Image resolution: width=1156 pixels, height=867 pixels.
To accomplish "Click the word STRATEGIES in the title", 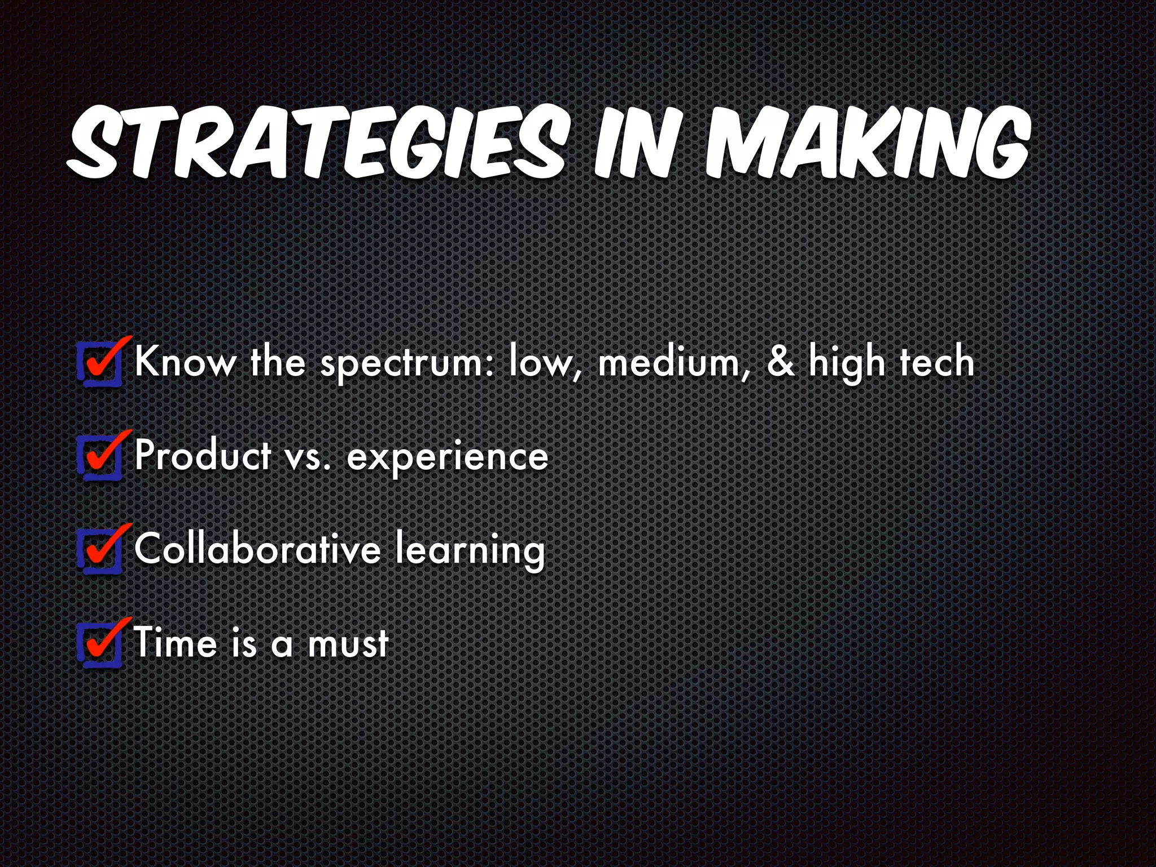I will tap(316, 141).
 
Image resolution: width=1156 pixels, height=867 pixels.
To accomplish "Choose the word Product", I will tap(203, 456).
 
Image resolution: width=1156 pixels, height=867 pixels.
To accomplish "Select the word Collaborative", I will tap(257, 549).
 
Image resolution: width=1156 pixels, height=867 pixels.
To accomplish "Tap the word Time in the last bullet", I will tap(176, 643).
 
